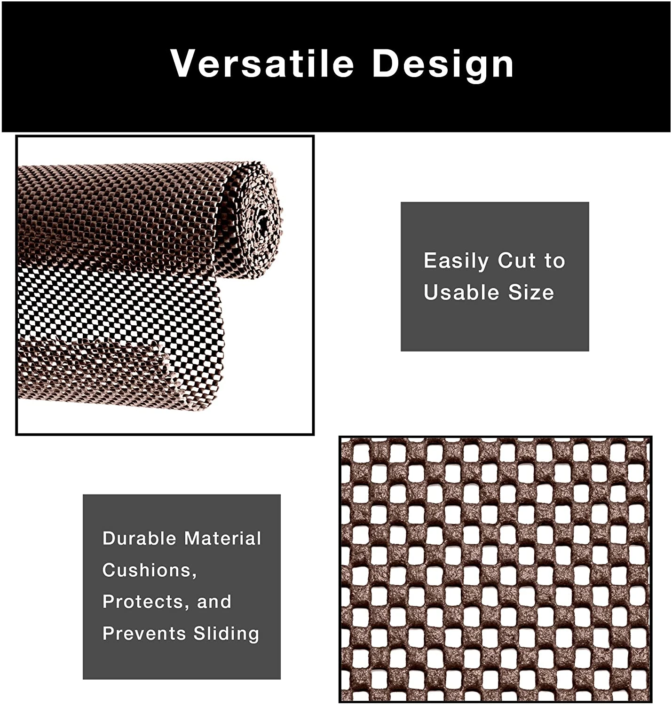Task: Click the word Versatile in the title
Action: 262,63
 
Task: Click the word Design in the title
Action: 443,64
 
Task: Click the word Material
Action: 222,538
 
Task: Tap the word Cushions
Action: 147,570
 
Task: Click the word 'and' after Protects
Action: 214,602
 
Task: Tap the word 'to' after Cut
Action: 555,261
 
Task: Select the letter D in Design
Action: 387,63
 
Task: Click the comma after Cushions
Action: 194,575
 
